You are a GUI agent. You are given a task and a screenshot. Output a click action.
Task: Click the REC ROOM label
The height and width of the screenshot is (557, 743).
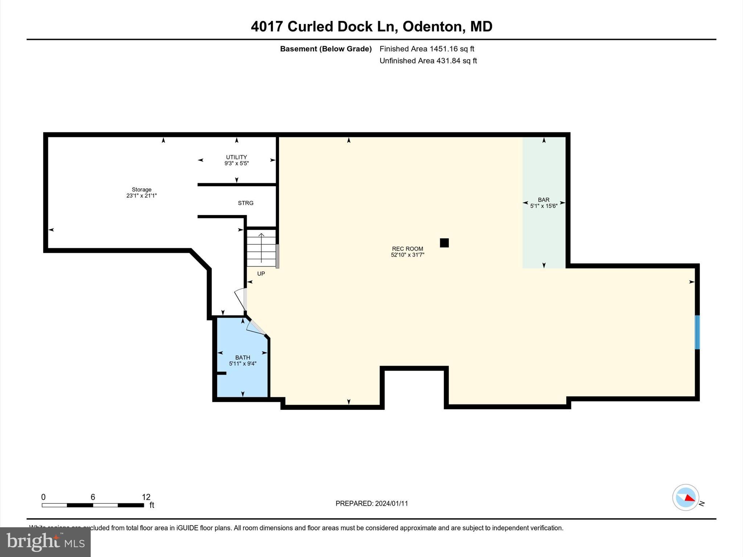407,251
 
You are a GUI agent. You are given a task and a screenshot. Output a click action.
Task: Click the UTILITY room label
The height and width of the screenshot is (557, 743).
237,160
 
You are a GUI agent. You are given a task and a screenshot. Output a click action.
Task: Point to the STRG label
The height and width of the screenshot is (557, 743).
246,203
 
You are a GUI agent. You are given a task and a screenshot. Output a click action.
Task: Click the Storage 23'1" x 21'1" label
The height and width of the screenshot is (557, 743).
141,193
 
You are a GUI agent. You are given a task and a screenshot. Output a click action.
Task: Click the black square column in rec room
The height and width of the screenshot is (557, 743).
444,243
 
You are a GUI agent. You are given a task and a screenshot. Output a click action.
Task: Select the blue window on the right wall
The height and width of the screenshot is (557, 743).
697,332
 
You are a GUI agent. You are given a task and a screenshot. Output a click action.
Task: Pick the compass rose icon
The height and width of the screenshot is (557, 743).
685,498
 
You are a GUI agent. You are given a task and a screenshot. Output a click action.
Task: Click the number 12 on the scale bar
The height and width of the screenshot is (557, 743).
146,497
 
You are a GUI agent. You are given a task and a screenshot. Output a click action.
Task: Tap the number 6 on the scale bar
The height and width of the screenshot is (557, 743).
93,497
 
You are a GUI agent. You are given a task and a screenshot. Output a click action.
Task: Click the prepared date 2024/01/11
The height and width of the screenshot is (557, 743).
391,503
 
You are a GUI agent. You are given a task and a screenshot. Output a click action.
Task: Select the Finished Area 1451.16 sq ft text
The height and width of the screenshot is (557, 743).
427,49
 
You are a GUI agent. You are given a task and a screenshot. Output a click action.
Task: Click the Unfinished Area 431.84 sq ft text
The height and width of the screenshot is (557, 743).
428,61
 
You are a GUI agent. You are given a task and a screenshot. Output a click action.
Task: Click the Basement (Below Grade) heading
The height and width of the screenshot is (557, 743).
326,49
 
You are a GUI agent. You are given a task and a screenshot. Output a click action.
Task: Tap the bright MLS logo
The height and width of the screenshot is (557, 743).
45,542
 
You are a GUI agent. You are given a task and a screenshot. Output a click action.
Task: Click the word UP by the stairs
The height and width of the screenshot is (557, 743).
261,274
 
